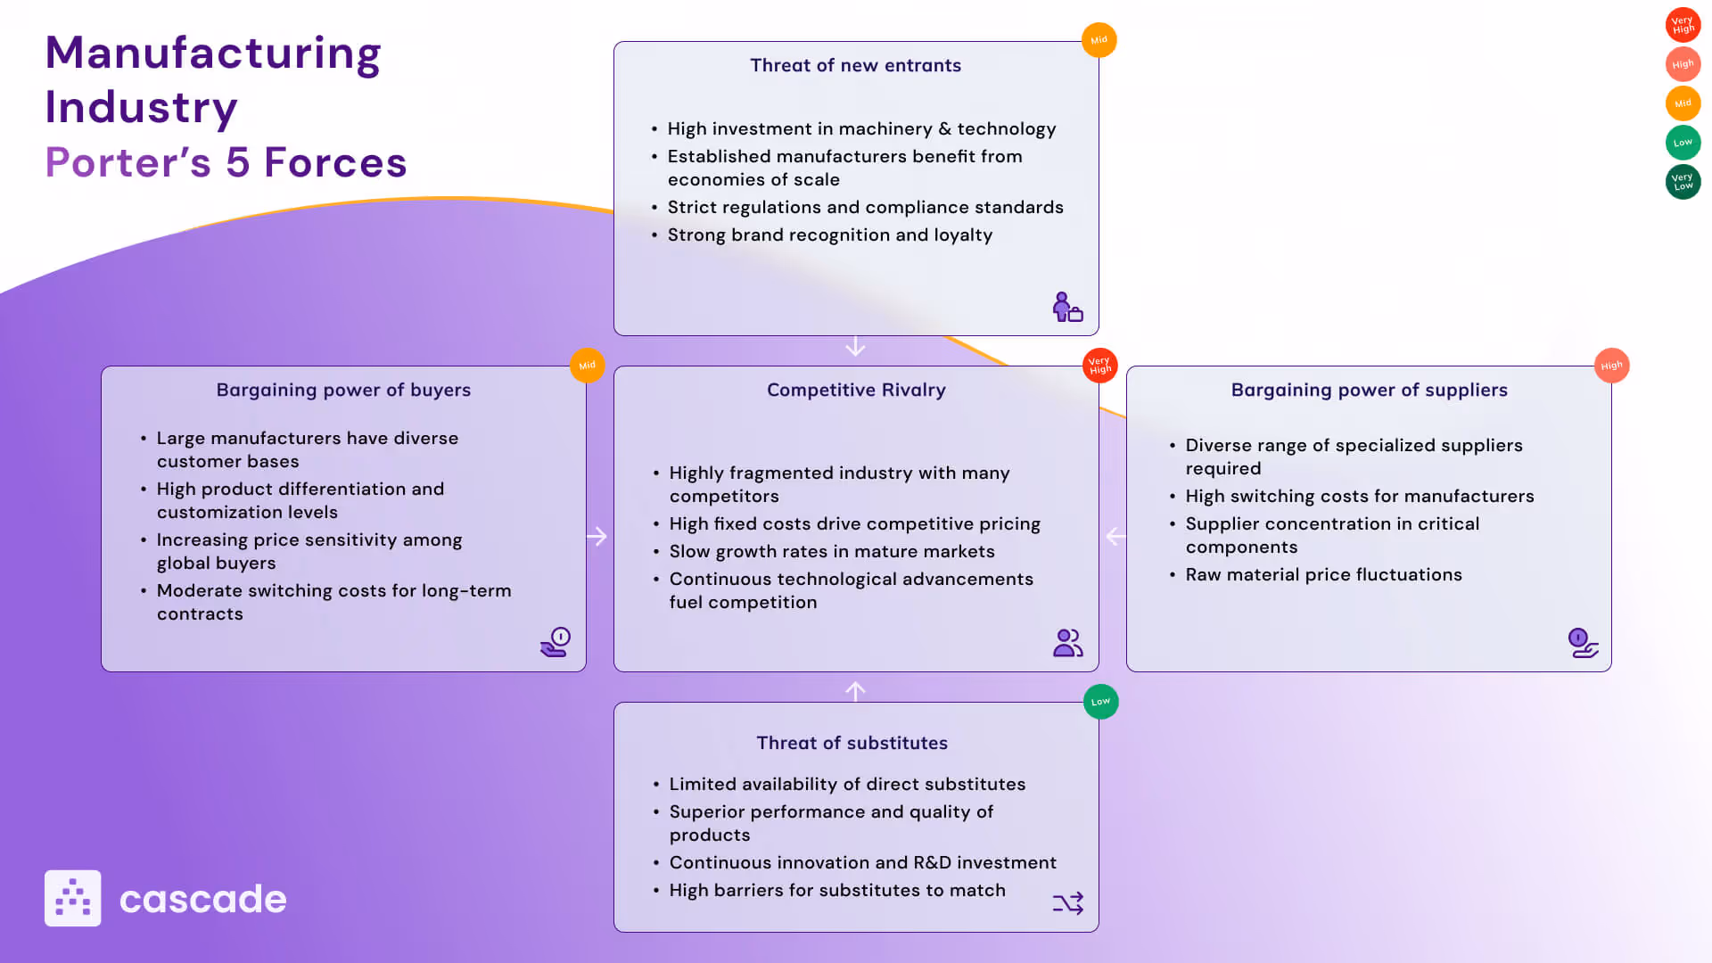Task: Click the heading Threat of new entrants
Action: pos(855,65)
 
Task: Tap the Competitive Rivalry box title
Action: pos(856,390)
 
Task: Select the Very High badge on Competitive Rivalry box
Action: pos(1099,366)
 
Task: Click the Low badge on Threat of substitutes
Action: pos(1100,702)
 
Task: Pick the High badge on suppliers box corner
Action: pos(1611,366)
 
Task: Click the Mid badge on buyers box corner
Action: pos(587,366)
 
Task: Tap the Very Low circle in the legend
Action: pos(1683,182)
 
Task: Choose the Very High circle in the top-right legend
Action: pos(1683,25)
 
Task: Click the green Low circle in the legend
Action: pos(1683,143)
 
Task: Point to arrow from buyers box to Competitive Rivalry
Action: pos(597,537)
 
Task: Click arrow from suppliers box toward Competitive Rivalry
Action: pos(1115,537)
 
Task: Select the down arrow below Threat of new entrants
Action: pos(855,346)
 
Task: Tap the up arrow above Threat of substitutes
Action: pos(855,691)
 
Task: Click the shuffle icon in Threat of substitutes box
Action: pos(1067,903)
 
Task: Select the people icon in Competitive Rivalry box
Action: pos(1067,643)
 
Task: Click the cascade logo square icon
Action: pos(73,898)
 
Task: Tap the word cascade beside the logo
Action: pos(202,900)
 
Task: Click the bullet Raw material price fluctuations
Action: pos(1323,575)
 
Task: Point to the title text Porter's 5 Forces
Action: pos(226,163)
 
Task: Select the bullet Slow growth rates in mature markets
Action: pos(831,552)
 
